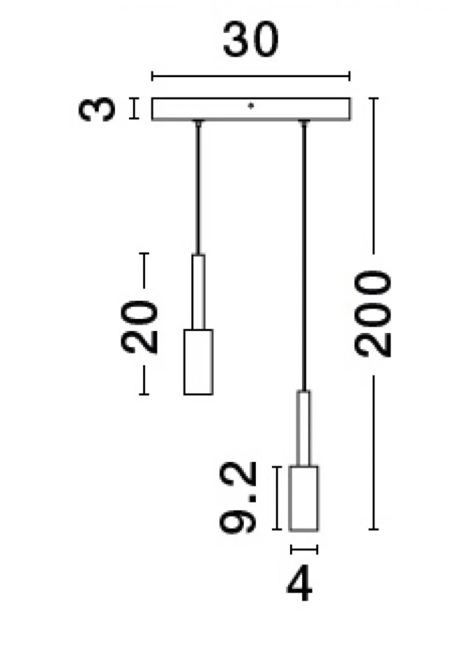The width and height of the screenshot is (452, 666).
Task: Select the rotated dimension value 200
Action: pyautogui.click(x=373, y=313)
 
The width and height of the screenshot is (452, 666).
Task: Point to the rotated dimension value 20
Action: pyautogui.click(x=139, y=327)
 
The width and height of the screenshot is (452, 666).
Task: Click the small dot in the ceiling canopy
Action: pyautogui.click(x=251, y=105)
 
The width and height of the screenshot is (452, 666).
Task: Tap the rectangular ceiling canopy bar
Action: pyautogui.click(x=251, y=109)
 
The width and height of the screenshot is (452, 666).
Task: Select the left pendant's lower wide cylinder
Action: pyautogui.click(x=198, y=362)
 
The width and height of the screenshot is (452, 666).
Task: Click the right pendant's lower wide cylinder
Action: pyautogui.click(x=304, y=498)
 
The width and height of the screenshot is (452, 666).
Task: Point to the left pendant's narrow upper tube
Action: pyautogui.click(x=198, y=292)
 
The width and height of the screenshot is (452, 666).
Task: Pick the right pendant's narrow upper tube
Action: pyautogui.click(x=303, y=428)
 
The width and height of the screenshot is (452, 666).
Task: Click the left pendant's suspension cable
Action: pyautogui.click(x=198, y=189)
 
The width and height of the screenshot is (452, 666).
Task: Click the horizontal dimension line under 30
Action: pyautogui.click(x=251, y=76)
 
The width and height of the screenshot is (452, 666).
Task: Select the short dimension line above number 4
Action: pyautogui.click(x=304, y=549)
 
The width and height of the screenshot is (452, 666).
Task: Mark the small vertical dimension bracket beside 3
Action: pyautogui.click(x=134, y=109)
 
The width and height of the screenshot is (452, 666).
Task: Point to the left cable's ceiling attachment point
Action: pyautogui.click(x=198, y=123)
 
